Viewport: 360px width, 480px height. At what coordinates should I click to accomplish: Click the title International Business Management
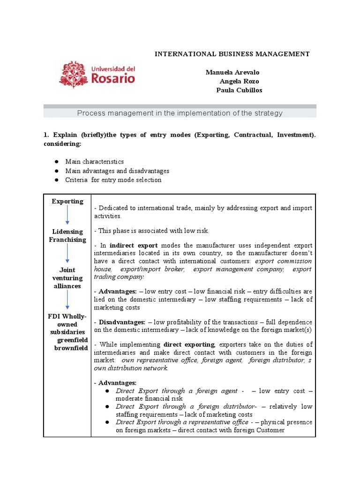coord(232,54)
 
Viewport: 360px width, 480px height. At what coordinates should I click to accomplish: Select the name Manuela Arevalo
coord(232,72)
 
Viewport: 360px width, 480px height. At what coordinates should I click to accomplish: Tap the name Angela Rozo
coord(239,81)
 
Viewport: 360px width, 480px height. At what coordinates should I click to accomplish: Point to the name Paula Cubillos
coord(239,90)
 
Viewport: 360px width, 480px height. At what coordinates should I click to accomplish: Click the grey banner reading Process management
coord(180,113)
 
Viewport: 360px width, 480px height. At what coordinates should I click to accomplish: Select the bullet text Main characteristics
coord(94,162)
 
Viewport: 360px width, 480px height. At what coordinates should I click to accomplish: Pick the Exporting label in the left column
coord(67,202)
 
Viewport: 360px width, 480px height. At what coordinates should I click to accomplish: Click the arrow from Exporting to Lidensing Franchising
coord(67,215)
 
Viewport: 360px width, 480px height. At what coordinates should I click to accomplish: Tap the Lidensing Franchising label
coord(67,235)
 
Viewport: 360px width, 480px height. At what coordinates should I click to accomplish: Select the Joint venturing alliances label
coord(67,278)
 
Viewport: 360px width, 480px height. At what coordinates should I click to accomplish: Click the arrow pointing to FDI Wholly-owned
coord(67,300)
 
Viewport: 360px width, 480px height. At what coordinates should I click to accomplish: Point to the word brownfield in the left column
coord(71,348)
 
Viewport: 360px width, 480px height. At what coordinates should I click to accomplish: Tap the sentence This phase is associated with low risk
coord(151,231)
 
